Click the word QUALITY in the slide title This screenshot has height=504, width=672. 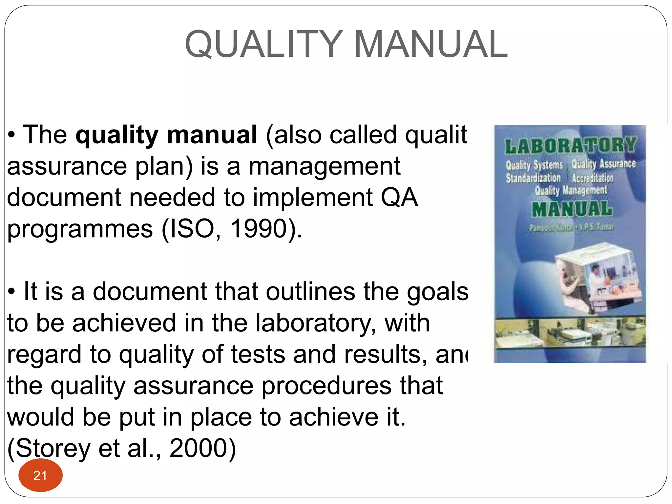coord(264,44)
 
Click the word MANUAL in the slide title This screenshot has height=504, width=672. coord(431,44)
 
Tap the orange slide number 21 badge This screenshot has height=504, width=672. coord(40,475)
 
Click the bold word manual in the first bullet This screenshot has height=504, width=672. coord(212,135)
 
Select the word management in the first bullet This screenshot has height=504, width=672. coord(325,166)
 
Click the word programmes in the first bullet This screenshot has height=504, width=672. coord(80,229)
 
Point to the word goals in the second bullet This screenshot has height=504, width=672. coord(438,291)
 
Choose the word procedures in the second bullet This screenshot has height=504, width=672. coord(326,386)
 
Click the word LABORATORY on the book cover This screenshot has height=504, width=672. coord(570,146)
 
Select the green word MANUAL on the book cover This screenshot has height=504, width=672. coord(572,209)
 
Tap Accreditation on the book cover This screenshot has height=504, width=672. coord(593,178)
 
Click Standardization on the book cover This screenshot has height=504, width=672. coord(533,178)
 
